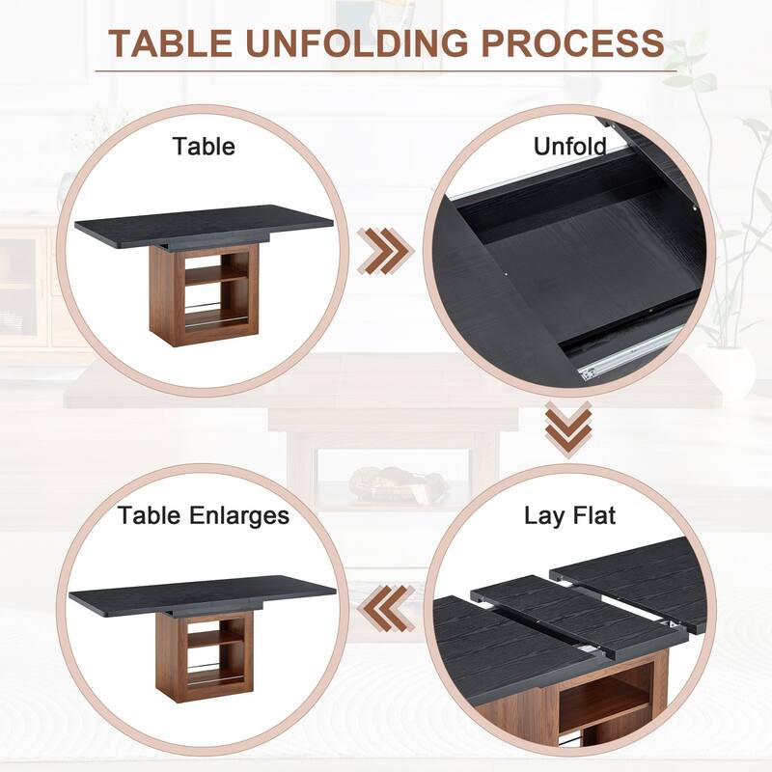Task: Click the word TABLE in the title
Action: tap(171, 42)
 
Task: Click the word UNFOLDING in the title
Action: tap(356, 42)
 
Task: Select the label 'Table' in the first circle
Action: tap(204, 147)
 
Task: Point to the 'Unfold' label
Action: tap(569, 147)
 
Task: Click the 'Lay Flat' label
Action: tap(569, 515)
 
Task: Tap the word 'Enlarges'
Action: tap(238, 516)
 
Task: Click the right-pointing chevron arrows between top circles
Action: tap(385, 251)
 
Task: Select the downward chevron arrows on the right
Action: tap(568, 428)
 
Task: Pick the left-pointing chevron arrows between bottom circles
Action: tap(385, 608)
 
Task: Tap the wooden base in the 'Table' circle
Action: tap(204, 294)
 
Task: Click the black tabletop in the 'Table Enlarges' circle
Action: tap(203, 594)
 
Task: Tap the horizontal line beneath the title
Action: tap(386, 71)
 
